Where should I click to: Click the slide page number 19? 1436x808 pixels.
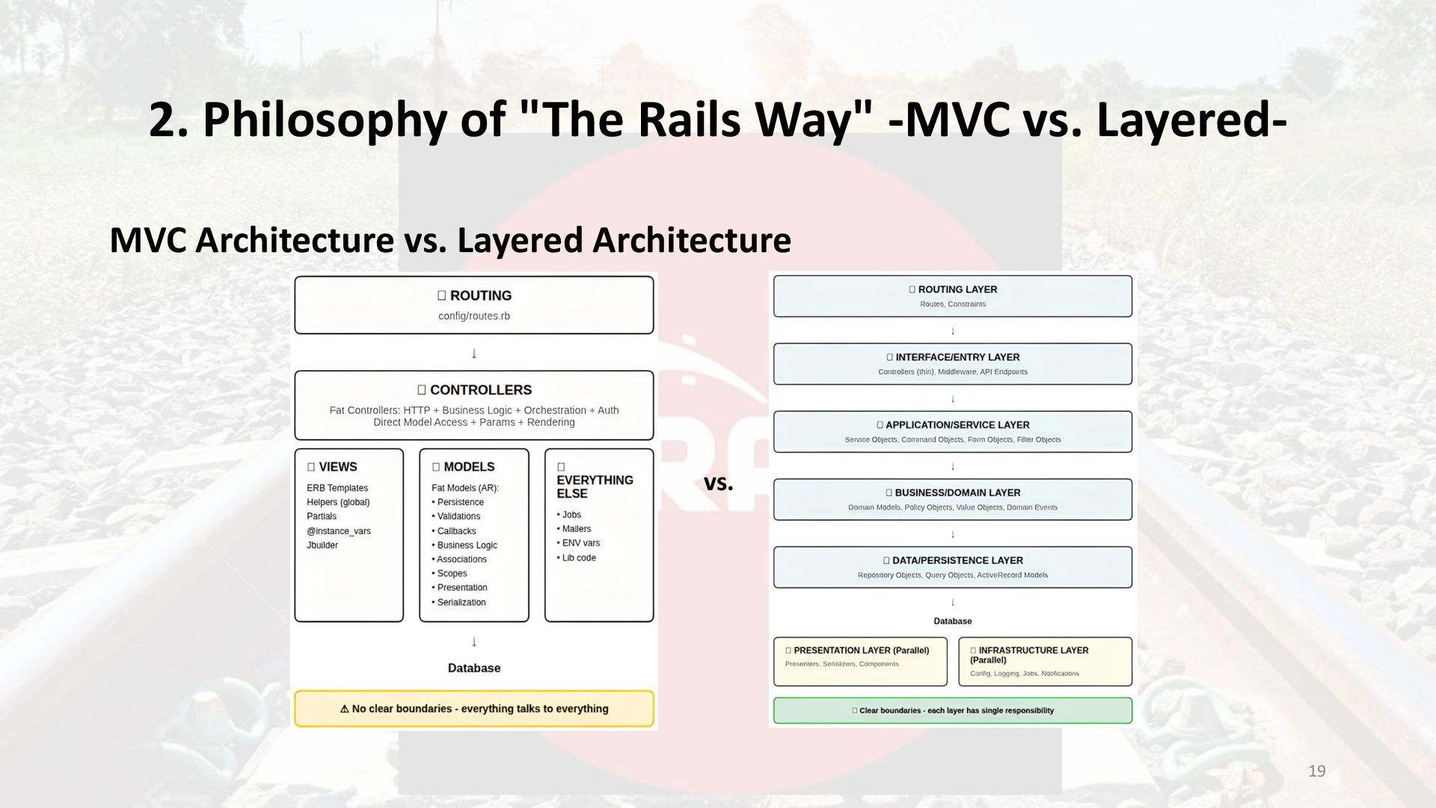pos(1317,771)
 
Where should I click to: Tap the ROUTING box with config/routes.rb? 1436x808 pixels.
pos(474,305)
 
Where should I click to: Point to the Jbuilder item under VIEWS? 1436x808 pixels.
pos(322,545)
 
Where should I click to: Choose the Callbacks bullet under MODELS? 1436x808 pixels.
pos(456,531)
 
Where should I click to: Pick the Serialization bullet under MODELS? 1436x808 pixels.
pos(461,602)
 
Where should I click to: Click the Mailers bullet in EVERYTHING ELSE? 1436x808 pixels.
pos(576,529)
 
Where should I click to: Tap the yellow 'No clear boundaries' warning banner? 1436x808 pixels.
pos(474,708)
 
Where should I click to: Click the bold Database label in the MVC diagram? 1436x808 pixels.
pos(474,668)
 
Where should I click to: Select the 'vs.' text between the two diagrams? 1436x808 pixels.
pos(718,483)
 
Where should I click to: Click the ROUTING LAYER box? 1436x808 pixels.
pos(953,296)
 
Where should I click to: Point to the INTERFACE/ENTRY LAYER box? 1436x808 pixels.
pos(953,364)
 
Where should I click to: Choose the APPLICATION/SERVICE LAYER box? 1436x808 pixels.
pos(953,432)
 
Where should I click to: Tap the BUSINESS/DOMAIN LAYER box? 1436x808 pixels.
pos(953,499)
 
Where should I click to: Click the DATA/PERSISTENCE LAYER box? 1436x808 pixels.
pos(953,567)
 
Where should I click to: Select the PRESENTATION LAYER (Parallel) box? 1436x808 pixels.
pos(860,661)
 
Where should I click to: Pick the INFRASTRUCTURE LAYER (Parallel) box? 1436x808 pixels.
pos(1045,661)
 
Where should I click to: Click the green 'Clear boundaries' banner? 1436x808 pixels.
pos(953,711)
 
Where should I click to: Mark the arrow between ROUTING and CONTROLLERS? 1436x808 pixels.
pos(474,353)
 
